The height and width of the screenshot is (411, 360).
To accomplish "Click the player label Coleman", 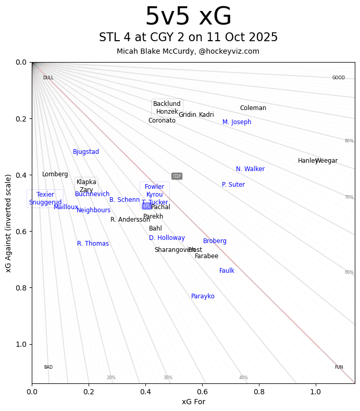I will coord(253,108).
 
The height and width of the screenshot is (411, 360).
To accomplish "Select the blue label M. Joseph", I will coord(237,122).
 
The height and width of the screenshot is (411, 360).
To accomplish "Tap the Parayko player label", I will coord(203,296).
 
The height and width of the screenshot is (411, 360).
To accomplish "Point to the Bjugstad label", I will coord(86,152).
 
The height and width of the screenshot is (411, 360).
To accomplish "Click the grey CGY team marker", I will coord(177,176).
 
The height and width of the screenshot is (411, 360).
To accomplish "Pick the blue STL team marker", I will coord(146,206).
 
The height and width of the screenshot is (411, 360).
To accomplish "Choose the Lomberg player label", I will coord(55,174).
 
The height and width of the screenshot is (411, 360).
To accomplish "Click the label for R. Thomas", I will coord(93,244).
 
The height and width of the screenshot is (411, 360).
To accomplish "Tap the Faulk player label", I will coord(227,271).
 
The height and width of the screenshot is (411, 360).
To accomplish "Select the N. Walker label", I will coord(250,169).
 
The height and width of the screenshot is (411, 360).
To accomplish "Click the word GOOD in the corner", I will coord(339,78).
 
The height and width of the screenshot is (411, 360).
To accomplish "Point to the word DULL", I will coord(48,78).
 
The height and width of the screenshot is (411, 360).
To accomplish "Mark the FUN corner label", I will coord(339,367).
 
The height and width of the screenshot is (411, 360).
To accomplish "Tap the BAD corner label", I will coord(48,367).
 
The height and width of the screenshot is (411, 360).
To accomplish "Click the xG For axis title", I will coord(193,402).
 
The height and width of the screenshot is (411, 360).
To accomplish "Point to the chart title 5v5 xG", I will coord(188,17).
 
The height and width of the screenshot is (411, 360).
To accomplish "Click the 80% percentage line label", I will coord(349,141).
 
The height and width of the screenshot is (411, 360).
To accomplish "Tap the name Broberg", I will coord(215,241).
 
